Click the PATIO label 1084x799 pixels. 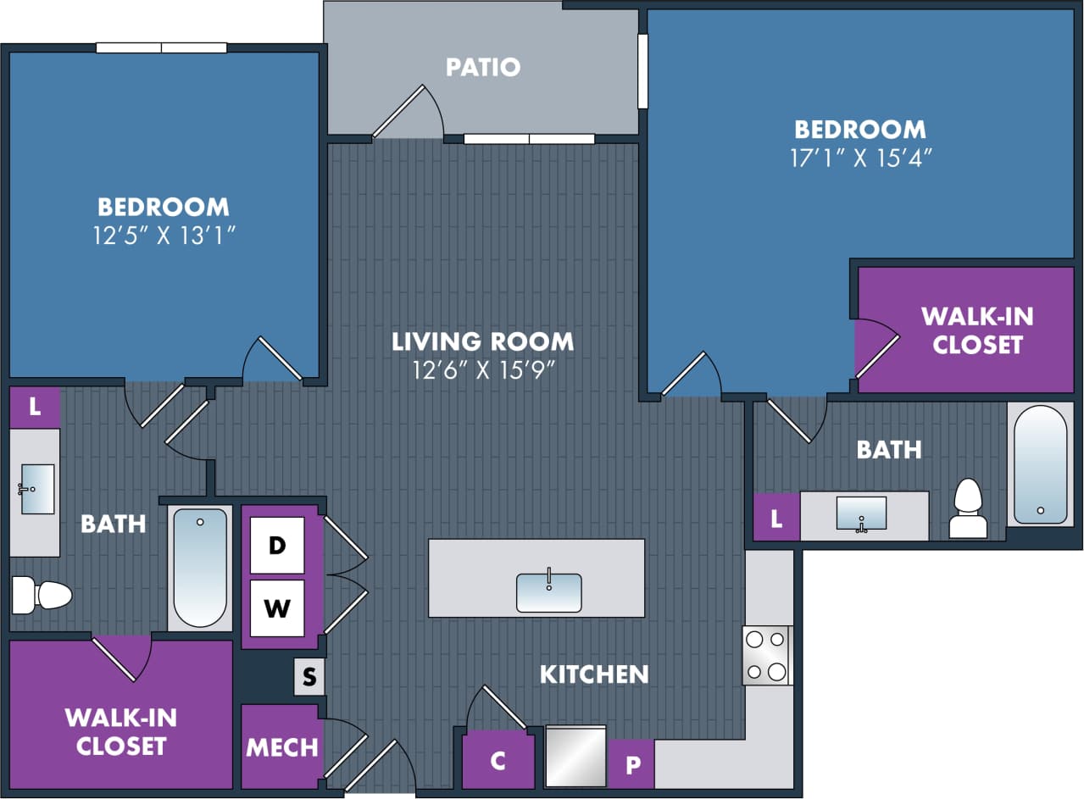click(x=483, y=67)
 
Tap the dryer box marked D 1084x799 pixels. click(x=277, y=545)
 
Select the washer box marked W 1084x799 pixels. click(x=277, y=608)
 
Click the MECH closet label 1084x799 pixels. click(x=282, y=747)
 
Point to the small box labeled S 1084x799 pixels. click(x=309, y=677)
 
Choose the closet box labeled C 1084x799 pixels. click(x=498, y=761)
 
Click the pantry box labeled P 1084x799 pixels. click(x=631, y=764)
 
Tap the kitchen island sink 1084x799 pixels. click(x=549, y=592)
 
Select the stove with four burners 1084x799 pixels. click(x=767, y=655)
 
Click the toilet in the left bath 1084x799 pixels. click(x=42, y=595)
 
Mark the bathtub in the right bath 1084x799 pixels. click(x=1040, y=464)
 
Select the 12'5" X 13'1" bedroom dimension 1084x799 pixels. click(x=163, y=236)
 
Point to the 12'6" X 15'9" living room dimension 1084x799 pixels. click(x=482, y=370)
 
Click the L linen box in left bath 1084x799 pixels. click(x=35, y=407)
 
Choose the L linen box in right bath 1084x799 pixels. click(x=776, y=517)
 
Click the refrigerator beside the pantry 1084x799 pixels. click(x=575, y=756)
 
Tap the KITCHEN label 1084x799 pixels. click(x=594, y=674)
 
